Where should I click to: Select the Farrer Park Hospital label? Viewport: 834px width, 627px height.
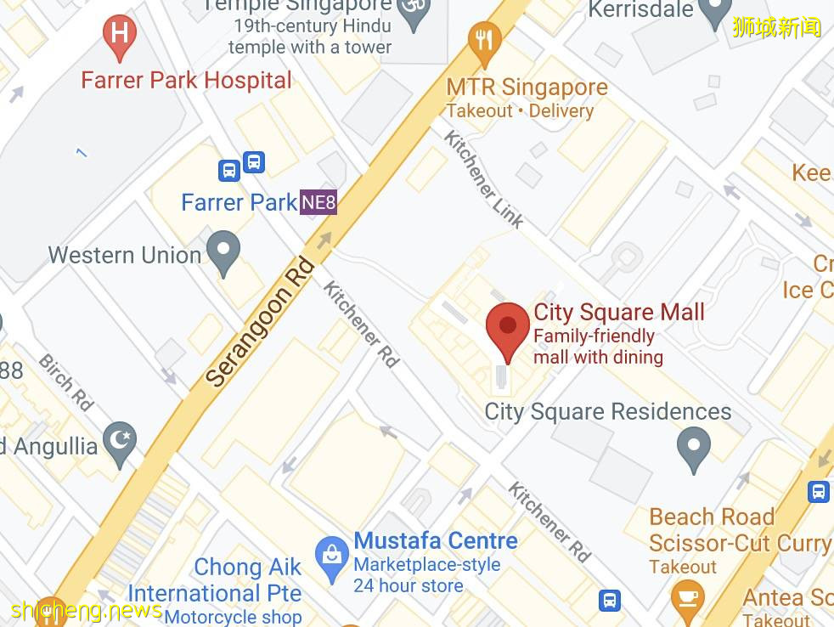tap(186, 81)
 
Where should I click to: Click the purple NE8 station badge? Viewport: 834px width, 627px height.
tap(318, 203)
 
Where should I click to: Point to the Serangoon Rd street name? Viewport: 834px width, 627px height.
tap(260, 323)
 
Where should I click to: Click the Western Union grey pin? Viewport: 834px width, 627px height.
tap(224, 251)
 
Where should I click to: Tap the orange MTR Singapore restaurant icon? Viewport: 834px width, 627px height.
tap(484, 42)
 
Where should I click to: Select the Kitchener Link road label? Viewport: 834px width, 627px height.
tap(484, 179)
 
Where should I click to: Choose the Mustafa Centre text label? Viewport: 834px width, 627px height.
tap(436, 541)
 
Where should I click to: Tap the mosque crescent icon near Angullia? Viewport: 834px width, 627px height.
tap(119, 442)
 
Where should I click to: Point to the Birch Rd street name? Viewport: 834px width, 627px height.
tap(65, 382)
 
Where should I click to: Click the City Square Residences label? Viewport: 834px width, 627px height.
tap(607, 412)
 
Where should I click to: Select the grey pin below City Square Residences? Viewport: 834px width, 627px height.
tap(694, 447)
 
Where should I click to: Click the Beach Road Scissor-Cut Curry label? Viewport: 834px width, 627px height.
tap(739, 530)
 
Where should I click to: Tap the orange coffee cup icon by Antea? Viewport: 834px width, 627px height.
tap(687, 597)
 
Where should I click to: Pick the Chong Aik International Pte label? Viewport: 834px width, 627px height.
tap(214, 579)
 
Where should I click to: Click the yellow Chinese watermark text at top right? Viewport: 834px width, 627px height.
tap(776, 27)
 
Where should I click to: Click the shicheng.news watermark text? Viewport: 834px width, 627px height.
tap(87, 610)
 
